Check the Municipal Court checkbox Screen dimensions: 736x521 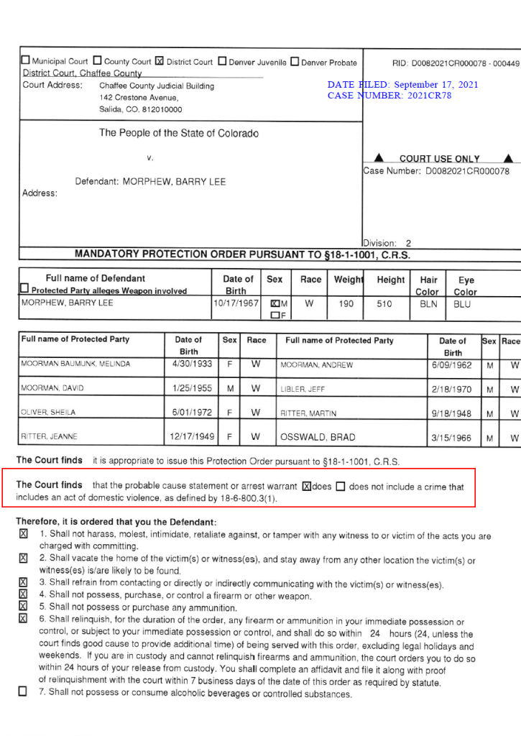pyautogui.click(x=26, y=61)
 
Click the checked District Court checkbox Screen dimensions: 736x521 pyautogui.click(x=160, y=61)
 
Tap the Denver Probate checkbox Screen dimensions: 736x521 pyautogui.click(x=295, y=61)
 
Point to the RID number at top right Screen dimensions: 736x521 pyautogui.click(x=455, y=63)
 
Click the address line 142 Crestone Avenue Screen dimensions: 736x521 pyautogui.click(x=139, y=97)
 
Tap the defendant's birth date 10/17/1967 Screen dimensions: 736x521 pyautogui.click(x=236, y=303)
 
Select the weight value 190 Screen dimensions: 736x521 pyautogui.click(x=346, y=304)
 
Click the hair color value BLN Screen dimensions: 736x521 pyautogui.click(x=428, y=304)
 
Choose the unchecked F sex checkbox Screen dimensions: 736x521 pyautogui.click(x=275, y=315)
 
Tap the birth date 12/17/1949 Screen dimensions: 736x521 pyautogui.click(x=191, y=437)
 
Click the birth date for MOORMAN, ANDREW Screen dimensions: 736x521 pyautogui.click(x=453, y=364)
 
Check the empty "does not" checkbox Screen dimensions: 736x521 pyautogui.click(x=341, y=487)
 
